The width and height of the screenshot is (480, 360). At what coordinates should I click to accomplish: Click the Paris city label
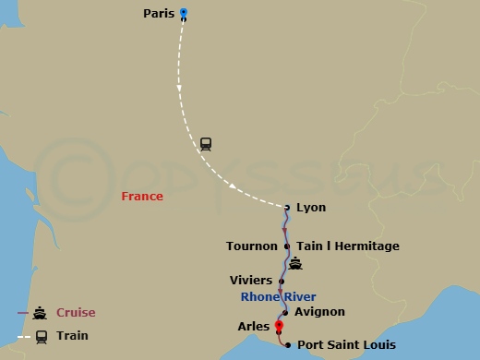159,14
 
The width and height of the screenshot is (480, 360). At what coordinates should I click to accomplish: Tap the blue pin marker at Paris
184,14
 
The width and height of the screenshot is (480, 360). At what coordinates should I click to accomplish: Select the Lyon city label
311,208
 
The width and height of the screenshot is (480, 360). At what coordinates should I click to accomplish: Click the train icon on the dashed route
205,144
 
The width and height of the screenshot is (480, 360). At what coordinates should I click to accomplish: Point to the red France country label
142,197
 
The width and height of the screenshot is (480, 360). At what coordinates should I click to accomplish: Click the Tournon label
251,246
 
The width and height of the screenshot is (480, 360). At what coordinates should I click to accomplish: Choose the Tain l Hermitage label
348,246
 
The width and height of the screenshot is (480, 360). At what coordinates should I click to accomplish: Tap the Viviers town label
250,280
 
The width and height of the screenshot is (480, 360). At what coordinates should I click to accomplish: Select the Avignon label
319,312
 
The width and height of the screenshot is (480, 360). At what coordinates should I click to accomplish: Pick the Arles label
253,327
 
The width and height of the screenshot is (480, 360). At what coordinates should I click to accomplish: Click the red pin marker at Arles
279,324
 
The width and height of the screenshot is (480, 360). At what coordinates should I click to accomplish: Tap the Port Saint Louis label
346,345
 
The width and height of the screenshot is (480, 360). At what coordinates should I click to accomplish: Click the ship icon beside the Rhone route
295,264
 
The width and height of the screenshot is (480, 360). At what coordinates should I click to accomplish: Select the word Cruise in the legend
76,313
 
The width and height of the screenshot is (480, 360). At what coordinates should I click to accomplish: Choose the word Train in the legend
71,337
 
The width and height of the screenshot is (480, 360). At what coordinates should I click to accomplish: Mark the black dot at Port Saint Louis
288,345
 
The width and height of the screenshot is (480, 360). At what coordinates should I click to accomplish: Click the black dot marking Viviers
281,280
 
